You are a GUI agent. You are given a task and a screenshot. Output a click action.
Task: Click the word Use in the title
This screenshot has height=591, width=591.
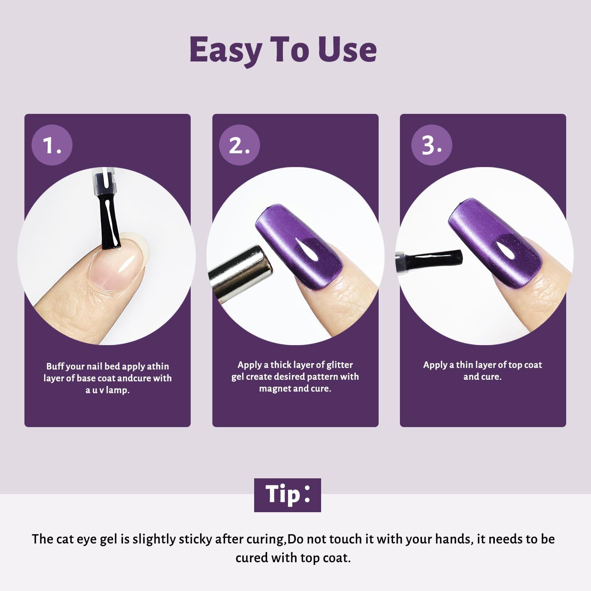(x=348, y=50)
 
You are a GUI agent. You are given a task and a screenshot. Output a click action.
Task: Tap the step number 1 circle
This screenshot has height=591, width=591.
(x=52, y=145)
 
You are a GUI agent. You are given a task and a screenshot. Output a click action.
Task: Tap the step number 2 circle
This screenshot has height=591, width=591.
(x=240, y=145)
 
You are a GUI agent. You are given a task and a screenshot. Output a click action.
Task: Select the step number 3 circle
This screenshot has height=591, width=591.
(x=432, y=145)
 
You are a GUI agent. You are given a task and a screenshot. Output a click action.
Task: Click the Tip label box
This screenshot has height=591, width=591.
(x=288, y=495)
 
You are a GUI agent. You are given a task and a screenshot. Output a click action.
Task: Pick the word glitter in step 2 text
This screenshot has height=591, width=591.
(x=340, y=365)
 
